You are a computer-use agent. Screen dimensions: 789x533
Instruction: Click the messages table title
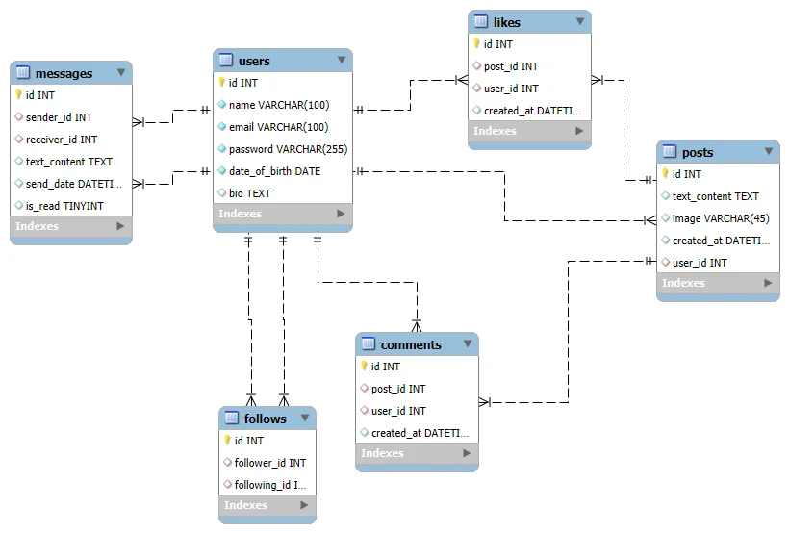(64, 73)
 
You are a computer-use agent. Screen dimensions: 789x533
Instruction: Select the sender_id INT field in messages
(59, 117)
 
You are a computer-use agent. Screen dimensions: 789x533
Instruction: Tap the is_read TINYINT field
(64, 206)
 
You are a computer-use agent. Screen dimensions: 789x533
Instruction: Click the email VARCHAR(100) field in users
(278, 127)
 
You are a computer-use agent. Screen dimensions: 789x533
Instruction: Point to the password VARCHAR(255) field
(288, 149)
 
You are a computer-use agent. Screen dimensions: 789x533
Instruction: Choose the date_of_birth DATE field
(275, 171)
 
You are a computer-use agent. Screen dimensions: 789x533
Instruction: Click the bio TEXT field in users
(249, 193)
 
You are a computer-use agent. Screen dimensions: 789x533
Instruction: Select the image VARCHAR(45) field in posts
(721, 218)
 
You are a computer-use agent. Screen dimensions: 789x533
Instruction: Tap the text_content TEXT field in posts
(716, 196)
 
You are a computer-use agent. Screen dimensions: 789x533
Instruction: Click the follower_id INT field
(270, 463)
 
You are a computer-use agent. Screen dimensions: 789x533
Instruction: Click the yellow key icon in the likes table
(476, 44)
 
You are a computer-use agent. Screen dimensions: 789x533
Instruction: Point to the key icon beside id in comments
(364, 366)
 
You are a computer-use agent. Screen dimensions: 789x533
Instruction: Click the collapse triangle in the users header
(342, 60)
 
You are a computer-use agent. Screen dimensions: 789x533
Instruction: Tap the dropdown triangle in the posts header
(769, 151)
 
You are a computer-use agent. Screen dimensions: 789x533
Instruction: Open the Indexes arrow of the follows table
(304, 505)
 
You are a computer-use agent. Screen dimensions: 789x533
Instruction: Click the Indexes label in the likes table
(495, 131)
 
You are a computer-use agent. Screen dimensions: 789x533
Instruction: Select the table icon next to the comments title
(369, 343)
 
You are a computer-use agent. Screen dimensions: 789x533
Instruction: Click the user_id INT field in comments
(398, 411)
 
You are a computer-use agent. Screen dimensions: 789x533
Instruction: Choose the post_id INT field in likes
(511, 66)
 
